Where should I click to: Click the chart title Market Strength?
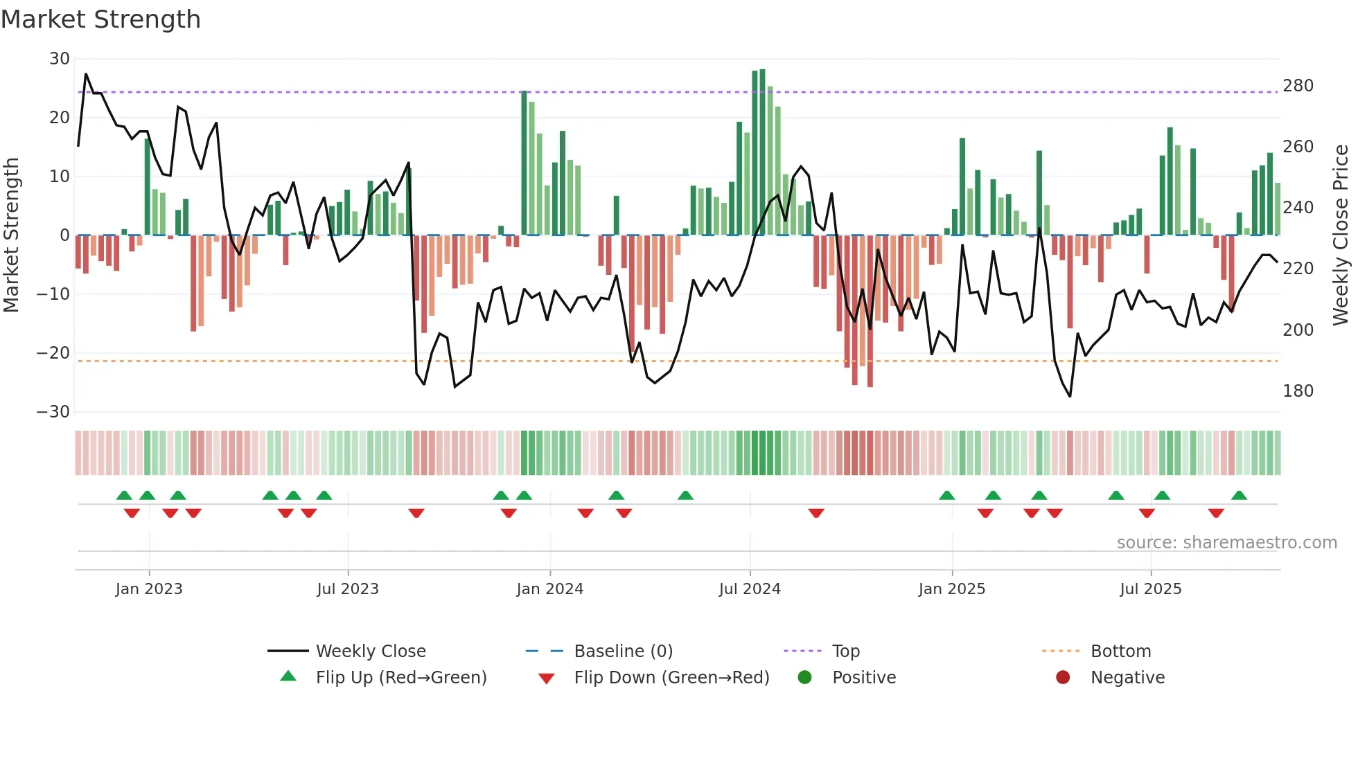[100, 19]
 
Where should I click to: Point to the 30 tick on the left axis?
[60, 59]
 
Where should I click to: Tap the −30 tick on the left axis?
[53, 412]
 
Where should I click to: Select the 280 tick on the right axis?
[1298, 86]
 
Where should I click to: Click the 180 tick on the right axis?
[1298, 391]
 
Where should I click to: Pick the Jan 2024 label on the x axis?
[549, 589]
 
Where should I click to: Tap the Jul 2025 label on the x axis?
[1150, 589]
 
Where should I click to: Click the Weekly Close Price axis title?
[1341, 235]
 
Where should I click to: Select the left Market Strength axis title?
[11, 235]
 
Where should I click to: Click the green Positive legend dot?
[804, 677]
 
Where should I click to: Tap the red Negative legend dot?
[1063, 677]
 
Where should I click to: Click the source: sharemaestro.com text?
[1226, 543]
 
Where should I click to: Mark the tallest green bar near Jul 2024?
[762, 152]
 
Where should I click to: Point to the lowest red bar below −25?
[870, 312]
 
